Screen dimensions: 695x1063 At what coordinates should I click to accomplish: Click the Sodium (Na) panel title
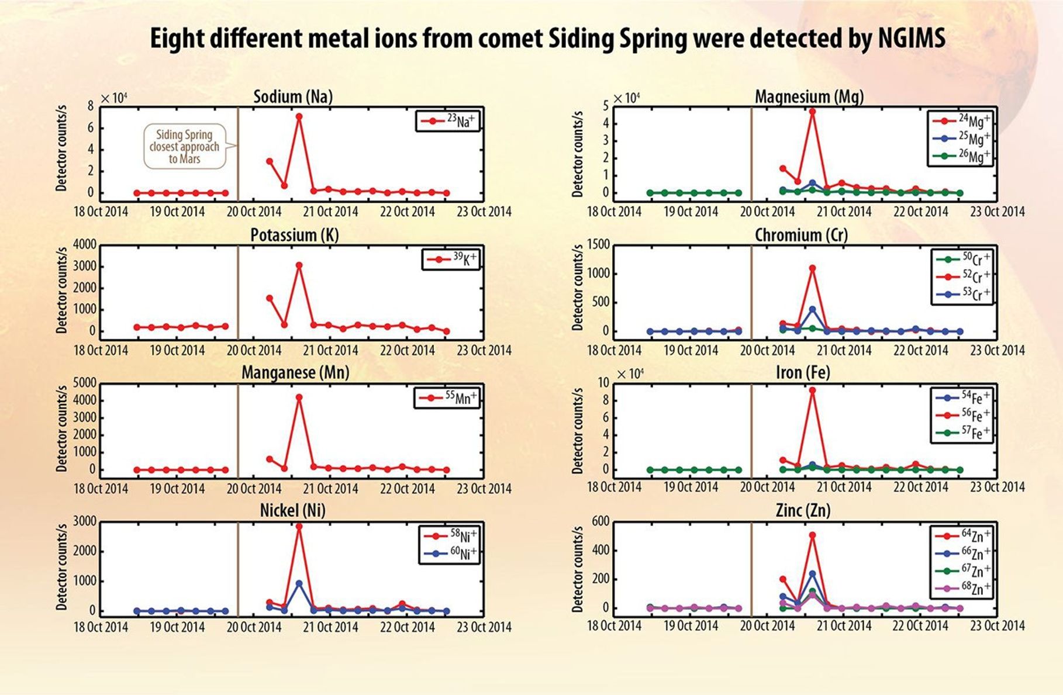click(x=292, y=96)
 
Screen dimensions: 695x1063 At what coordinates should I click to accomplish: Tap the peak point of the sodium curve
click(x=299, y=116)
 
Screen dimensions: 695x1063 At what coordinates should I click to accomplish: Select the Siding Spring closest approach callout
click(x=185, y=147)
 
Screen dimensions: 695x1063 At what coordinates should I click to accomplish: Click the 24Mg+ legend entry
click(x=961, y=121)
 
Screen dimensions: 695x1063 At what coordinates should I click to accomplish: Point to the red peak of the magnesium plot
click(x=812, y=111)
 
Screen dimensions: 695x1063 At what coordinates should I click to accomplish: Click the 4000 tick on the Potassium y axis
click(x=84, y=244)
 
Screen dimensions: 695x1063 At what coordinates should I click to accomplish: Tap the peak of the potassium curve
click(x=299, y=265)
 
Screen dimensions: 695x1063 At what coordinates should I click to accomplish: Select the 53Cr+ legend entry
click(x=961, y=294)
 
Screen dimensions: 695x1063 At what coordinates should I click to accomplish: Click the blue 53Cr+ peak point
click(x=812, y=309)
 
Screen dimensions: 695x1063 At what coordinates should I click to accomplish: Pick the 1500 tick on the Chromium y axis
click(x=597, y=244)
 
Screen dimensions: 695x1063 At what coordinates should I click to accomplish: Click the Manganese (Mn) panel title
click(x=295, y=372)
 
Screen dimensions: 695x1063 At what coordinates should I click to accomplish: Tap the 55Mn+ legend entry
click(x=447, y=398)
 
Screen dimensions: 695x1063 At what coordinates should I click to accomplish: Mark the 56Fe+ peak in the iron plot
click(x=812, y=390)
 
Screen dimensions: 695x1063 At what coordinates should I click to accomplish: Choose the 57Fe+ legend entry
click(x=961, y=433)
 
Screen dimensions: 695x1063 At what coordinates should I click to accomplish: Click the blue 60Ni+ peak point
click(x=299, y=583)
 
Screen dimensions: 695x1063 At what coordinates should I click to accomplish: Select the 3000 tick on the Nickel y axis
click(x=84, y=521)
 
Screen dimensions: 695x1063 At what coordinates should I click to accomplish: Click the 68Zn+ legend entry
click(x=961, y=588)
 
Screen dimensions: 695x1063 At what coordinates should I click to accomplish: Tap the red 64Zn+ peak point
click(x=812, y=535)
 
